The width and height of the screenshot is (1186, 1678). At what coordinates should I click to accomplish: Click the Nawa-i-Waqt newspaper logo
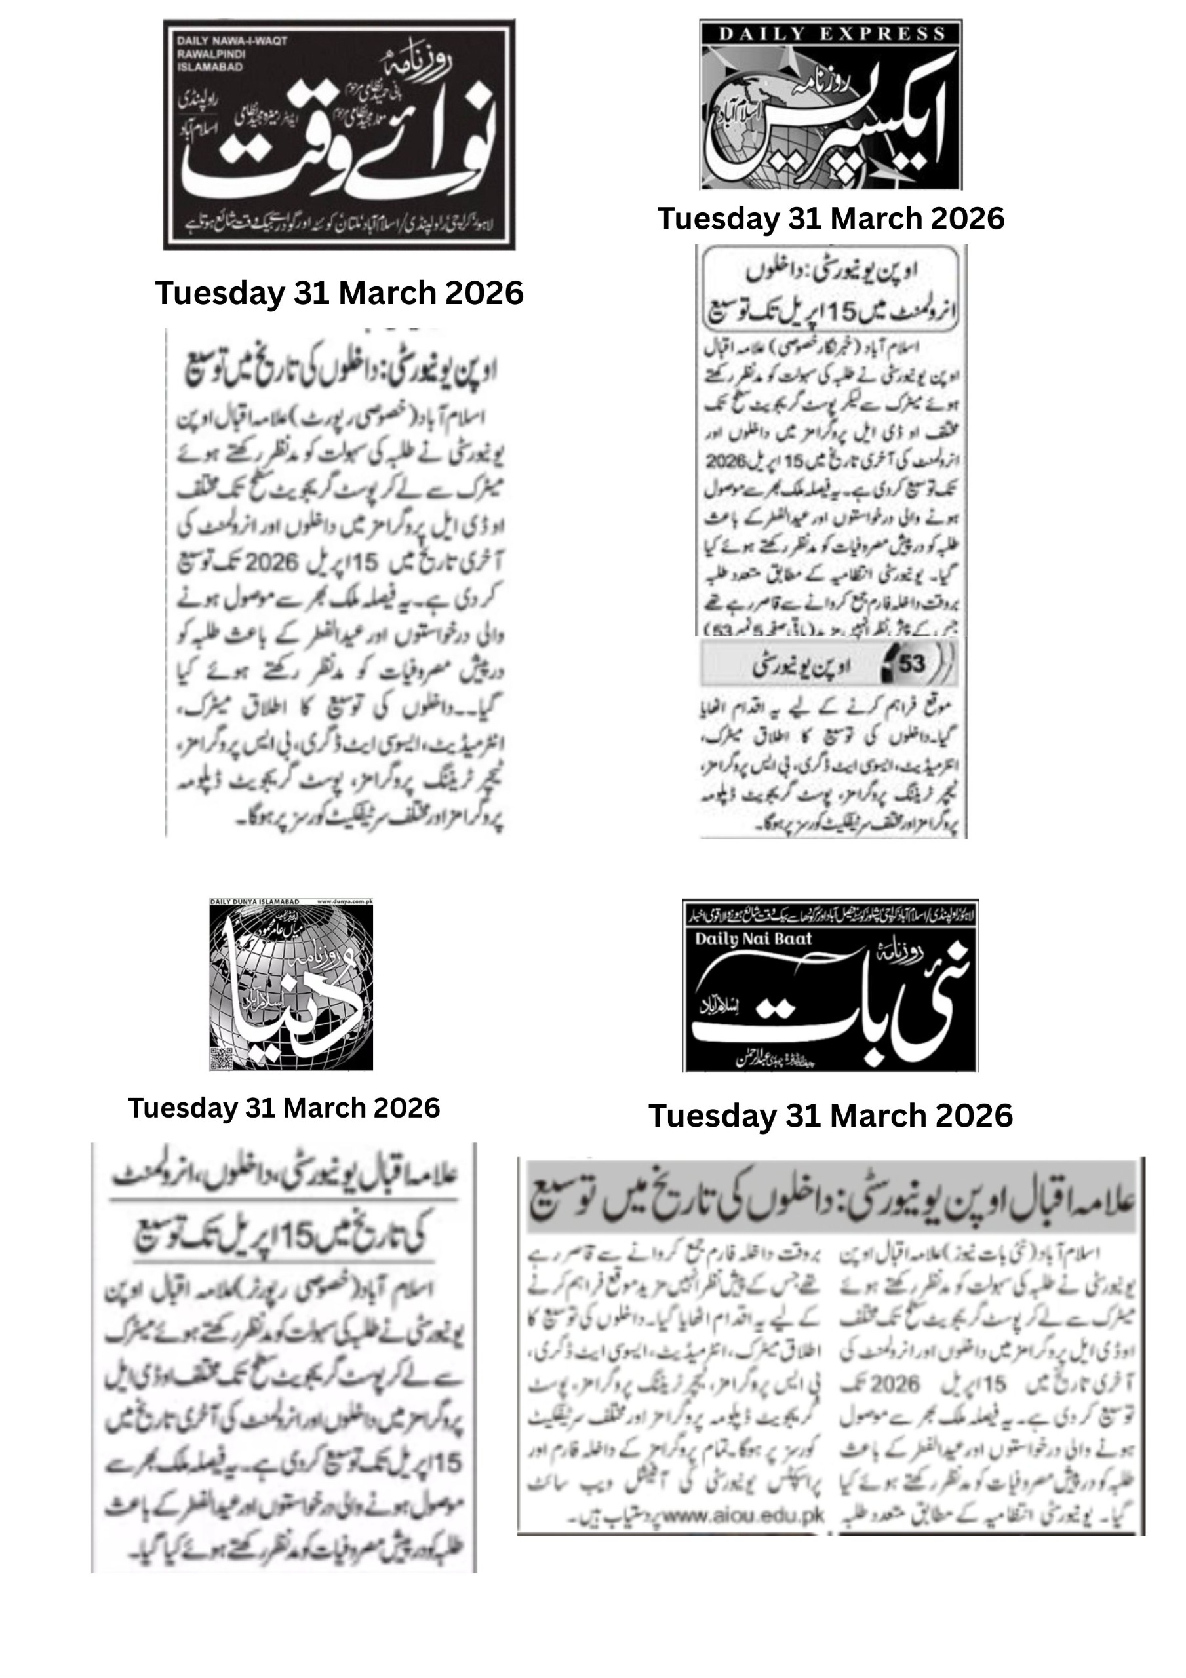[x=338, y=134]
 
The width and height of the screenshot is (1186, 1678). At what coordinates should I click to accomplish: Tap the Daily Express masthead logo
[x=831, y=104]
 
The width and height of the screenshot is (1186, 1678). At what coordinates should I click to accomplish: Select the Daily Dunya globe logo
[x=291, y=985]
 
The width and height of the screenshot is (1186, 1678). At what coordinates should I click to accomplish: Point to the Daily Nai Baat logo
[x=831, y=986]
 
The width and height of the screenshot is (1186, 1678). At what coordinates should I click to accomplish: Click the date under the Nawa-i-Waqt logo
[x=339, y=293]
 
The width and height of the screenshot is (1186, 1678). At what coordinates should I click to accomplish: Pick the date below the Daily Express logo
[x=831, y=218]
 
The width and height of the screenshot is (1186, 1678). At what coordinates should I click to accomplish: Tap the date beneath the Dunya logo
[x=284, y=1108]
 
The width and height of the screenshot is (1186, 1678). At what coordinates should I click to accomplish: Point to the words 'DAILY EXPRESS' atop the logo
[x=831, y=33]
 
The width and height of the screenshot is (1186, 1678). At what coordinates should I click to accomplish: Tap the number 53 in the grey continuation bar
[x=911, y=663]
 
